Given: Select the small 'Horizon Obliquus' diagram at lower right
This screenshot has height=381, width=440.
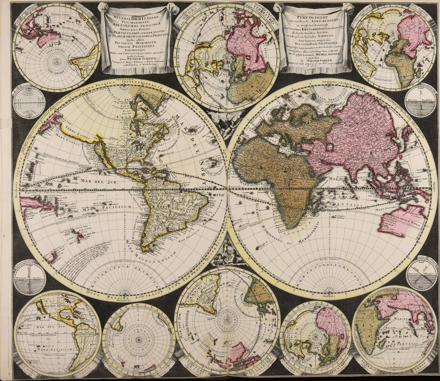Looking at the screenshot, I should point(421,272).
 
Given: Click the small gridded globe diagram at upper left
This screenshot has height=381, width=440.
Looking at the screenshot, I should point(28,101).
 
